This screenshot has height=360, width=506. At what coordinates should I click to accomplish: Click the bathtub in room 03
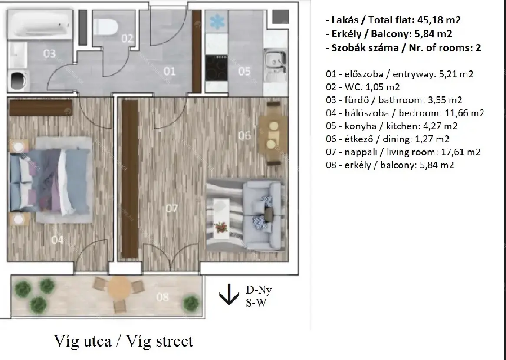tap(40, 25)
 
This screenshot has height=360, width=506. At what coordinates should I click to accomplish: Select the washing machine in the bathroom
tap(18, 81)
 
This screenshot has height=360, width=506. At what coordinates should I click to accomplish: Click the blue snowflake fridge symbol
tap(217, 22)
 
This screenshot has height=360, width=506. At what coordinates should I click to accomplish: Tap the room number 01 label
tap(169, 71)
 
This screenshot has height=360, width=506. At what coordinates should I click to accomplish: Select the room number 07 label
tap(172, 208)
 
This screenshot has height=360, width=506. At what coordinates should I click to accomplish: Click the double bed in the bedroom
tap(50, 180)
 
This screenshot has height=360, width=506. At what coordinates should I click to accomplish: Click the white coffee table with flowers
tap(221, 218)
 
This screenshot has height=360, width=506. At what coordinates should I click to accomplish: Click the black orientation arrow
tap(229, 294)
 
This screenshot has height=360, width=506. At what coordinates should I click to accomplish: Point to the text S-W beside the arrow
tap(256, 303)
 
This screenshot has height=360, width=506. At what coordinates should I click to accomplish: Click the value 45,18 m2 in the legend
tap(439, 20)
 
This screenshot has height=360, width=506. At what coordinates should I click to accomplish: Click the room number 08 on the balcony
tap(162, 297)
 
